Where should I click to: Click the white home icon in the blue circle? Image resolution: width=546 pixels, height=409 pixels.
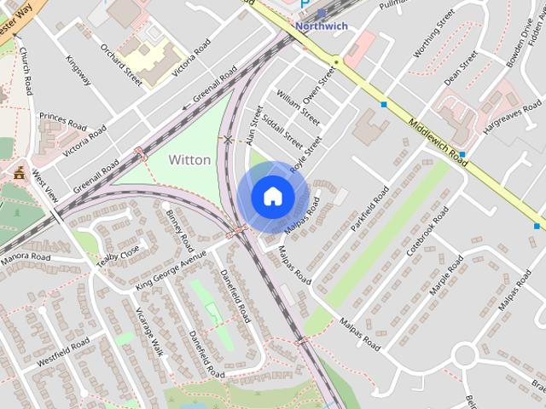click(x=272, y=196)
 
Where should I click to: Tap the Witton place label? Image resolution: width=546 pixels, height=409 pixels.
click(x=189, y=159)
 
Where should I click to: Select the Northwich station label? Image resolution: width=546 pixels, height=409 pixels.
click(x=322, y=26)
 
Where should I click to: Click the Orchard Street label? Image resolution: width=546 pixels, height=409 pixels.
click(x=122, y=65)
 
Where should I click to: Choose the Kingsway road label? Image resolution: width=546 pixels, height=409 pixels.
click(x=78, y=70)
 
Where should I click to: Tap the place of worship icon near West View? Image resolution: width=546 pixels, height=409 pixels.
click(x=19, y=173)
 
